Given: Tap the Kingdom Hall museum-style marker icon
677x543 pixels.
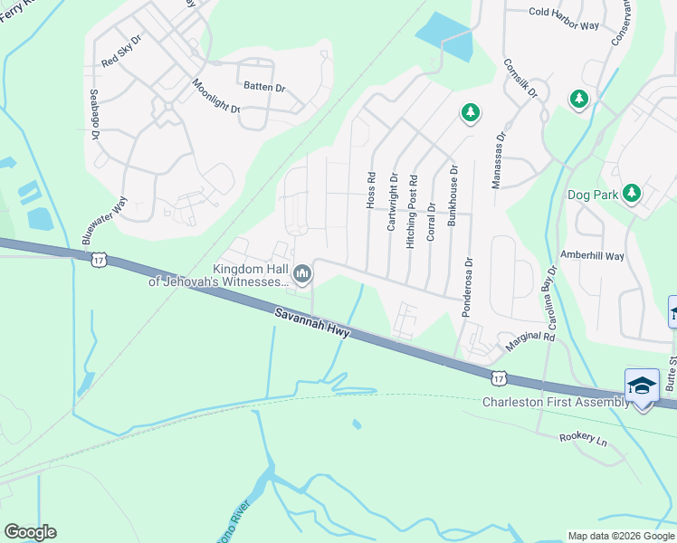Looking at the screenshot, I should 302,272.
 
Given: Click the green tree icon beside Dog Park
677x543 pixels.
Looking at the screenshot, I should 632,193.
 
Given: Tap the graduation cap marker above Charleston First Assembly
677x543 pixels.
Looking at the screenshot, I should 642,386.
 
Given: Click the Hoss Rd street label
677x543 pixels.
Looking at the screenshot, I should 370,191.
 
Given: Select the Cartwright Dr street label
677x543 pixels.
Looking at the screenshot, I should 393,202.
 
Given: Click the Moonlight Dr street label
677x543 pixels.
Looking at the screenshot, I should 215,96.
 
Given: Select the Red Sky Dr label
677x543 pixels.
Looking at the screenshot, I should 122,52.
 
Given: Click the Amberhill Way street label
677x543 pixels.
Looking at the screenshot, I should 593,256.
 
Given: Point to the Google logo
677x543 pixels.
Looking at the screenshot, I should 30,532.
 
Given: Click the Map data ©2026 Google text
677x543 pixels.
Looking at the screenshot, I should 620,536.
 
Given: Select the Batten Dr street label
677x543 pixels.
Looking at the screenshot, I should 262,88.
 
